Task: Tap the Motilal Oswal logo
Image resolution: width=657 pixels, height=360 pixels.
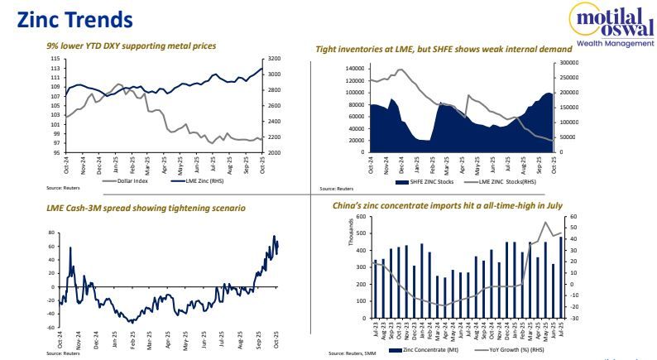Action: [x=613, y=24]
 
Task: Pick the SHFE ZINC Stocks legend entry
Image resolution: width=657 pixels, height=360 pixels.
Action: [x=427, y=180]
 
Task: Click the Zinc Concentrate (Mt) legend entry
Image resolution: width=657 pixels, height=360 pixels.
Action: [x=425, y=352]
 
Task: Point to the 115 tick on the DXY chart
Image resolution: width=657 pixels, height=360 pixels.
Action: [x=54, y=60]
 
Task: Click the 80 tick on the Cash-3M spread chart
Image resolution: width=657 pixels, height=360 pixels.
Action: [x=54, y=233]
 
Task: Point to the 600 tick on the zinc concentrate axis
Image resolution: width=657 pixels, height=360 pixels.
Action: [x=360, y=217]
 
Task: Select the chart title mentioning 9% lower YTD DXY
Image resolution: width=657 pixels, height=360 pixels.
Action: [x=132, y=46]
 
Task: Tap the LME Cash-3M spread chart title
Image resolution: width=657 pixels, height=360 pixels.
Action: [x=146, y=207]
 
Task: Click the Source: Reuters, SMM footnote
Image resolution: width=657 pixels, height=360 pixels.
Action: [x=348, y=353]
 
